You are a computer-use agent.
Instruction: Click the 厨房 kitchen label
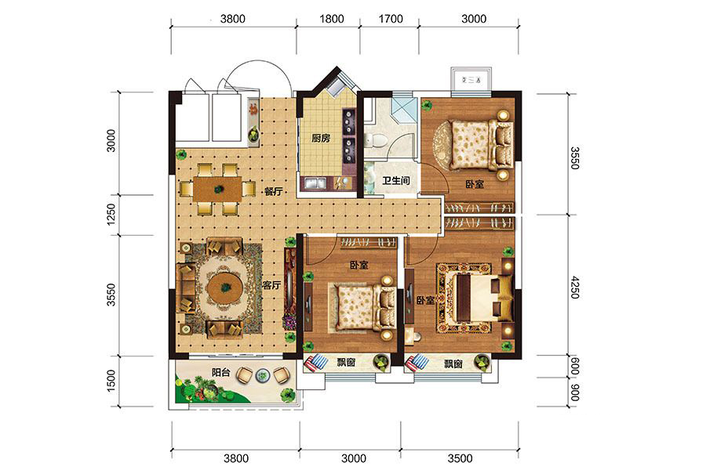click(x=321, y=138)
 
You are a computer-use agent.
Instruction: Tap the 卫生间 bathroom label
click(x=396, y=181)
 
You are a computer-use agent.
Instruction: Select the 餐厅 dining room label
click(x=273, y=191)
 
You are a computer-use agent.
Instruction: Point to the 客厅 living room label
click(x=271, y=285)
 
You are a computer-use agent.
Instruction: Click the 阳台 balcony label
click(x=221, y=372)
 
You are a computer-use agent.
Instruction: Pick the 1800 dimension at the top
click(x=331, y=19)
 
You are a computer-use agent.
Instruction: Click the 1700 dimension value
click(x=391, y=19)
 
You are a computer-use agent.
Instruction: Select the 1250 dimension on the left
click(x=111, y=215)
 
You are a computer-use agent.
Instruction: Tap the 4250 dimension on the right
click(x=574, y=287)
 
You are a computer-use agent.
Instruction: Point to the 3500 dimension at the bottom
click(x=460, y=458)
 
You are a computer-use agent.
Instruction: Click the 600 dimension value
click(x=574, y=366)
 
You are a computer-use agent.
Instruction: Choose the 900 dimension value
click(x=574, y=392)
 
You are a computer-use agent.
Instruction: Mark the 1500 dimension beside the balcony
click(x=111, y=381)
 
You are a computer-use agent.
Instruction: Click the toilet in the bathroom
click(x=374, y=140)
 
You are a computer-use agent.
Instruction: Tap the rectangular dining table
click(x=219, y=189)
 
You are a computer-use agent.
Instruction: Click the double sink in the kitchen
click(x=315, y=183)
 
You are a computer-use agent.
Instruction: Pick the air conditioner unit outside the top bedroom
click(x=471, y=80)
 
